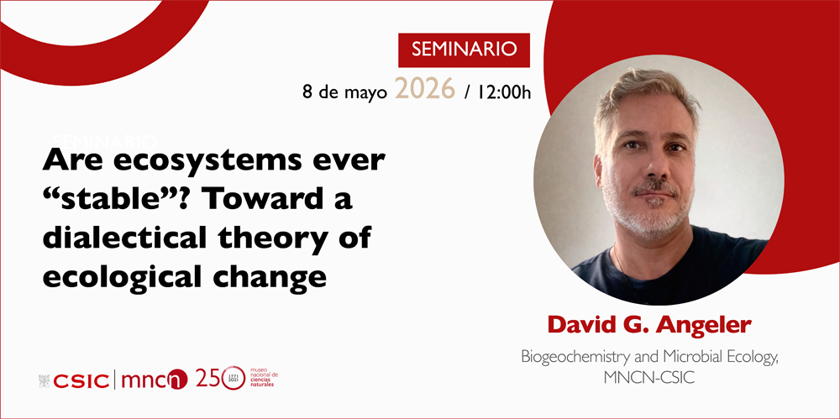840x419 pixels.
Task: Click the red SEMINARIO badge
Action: coord(464,49)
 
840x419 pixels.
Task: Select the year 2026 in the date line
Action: coord(424,88)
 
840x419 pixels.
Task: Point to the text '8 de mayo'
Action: coord(344,91)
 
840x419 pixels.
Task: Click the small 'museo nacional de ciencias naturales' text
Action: coord(262,379)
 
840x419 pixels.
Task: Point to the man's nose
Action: coord(654,169)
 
